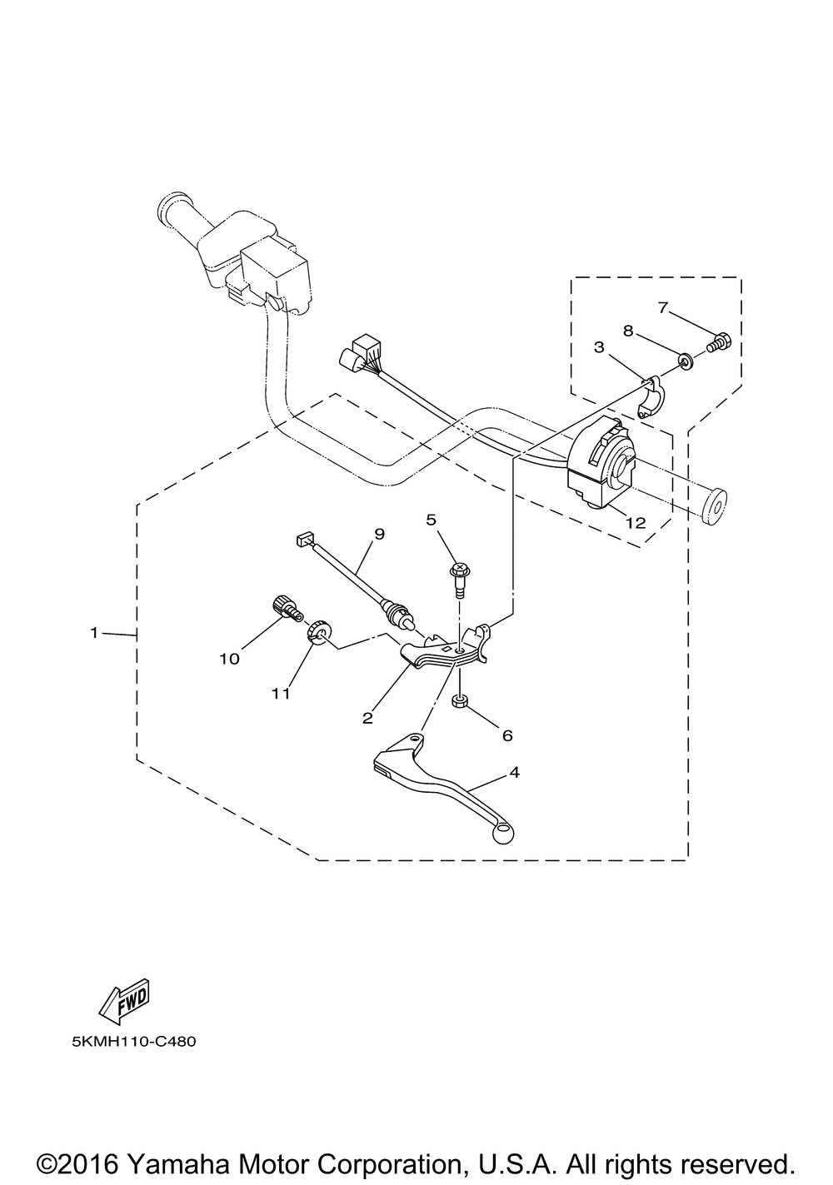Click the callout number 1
95,634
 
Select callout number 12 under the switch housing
636,523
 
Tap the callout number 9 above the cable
379,534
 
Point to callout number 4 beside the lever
515,772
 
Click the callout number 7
663,308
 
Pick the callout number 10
229,658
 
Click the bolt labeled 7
719,341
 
